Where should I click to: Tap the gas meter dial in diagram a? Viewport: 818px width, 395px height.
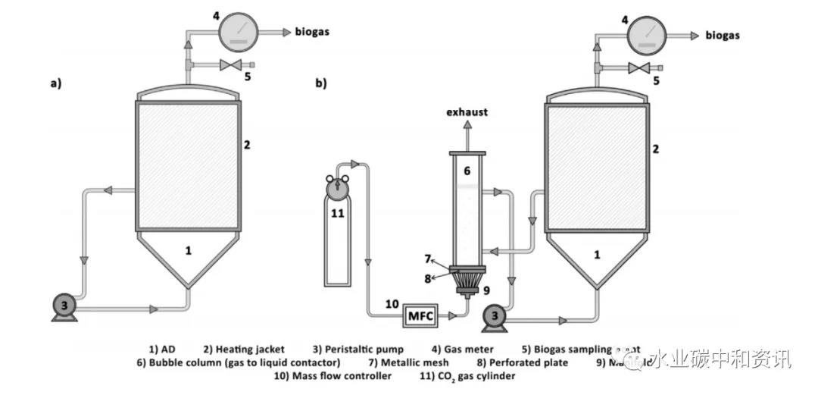pyautogui.click(x=239, y=33)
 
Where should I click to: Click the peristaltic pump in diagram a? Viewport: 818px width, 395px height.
pyautogui.click(x=65, y=306)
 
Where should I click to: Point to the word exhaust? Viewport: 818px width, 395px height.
pyautogui.click(x=467, y=112)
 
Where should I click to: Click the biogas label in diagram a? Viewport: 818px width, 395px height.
pyautogui.click(x=311, y=32)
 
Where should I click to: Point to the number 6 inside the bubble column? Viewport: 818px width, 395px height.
pyautogui.click(x=467, y=171)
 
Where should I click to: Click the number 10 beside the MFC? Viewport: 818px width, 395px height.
pyautogui.click(x=392, y=305)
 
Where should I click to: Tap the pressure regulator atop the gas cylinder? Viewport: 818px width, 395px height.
pyautogui.click(x=338, y=184)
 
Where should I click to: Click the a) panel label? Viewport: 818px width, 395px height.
pyautogui.click(x=55, y=84)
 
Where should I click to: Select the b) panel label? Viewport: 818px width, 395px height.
pyautogui.click(x=321, y=84)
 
